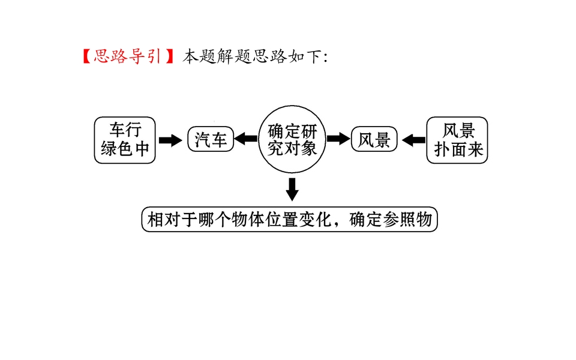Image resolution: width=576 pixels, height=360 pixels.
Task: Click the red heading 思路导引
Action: click(x=127, y=56)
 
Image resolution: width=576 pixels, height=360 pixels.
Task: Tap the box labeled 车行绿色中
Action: click(x=125, y=140)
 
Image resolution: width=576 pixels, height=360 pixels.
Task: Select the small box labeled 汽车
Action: click(x=210, y=140)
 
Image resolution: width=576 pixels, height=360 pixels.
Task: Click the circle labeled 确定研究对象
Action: click(x=292, y=140)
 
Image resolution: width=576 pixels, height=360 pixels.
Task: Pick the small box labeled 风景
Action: click(x=374, y=140)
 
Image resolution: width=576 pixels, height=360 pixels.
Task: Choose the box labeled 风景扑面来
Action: click(x=458, y=140)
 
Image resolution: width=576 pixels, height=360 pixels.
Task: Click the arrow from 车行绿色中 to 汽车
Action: click(x=171, y=140)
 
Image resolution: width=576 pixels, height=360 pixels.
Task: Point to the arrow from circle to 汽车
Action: click(x=245, y=140)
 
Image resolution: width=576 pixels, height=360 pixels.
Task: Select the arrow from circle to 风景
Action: click(x=338, y=140)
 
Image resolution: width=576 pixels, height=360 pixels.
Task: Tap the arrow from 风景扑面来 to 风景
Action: click(x=413, y=140)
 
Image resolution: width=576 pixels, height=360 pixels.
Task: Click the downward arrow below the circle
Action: click(x=292, y=188)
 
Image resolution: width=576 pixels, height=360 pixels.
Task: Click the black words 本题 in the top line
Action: click(x=198, y=56)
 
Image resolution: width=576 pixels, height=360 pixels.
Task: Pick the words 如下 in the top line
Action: click(x=304, y=56)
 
